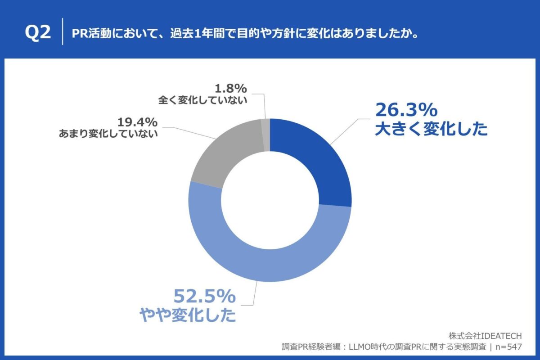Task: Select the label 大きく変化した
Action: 431,130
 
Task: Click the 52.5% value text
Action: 205,297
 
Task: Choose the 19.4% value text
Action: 137,121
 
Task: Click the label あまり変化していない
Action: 108,134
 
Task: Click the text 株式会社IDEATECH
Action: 485,336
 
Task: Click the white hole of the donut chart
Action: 270,200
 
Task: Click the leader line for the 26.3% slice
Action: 346,130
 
